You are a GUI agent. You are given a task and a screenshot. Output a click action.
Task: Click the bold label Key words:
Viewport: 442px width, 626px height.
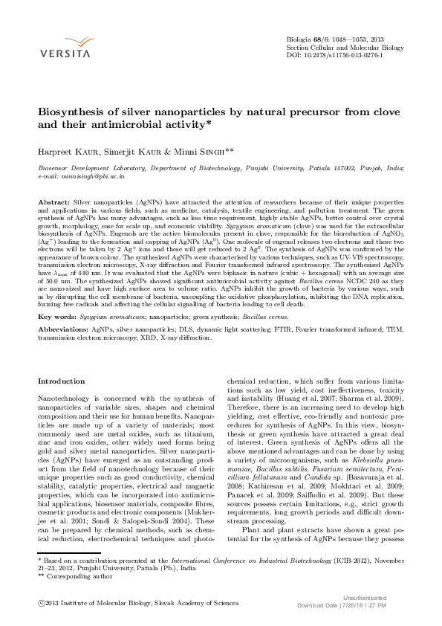(x=56, y=316)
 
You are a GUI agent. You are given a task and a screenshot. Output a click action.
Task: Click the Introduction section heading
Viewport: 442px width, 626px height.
(x=61, y=381)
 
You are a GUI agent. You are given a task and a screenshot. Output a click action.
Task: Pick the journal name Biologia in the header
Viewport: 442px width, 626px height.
(x=301, y=39)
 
